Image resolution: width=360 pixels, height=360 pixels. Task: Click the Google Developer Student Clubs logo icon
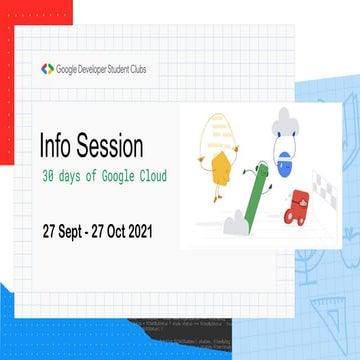pos(47,69)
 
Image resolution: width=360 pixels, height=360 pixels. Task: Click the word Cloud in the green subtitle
pos(150,177)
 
